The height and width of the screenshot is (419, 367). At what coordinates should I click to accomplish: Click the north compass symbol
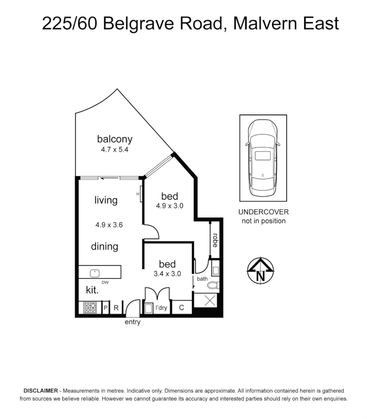pyautogui.click(x=260, y=270)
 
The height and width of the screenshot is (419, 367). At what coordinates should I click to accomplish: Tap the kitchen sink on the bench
pyautogui.click(x=95, y=273)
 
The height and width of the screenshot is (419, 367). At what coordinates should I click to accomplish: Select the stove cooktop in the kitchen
pyautogui.click(x=90, y=308)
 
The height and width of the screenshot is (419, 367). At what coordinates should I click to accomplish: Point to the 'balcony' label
pyautogui.click(x=114, y=139)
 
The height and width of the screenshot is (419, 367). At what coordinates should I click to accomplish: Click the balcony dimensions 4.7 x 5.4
pyautogui.click(x=114, y=149)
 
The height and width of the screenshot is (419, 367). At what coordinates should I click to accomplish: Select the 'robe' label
pyautogui.click(x=215, y=241)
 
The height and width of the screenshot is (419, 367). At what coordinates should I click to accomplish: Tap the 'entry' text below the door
pyautogui.click(x=132, y=322)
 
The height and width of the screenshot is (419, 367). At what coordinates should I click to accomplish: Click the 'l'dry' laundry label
pyautogui.click(x=161, y=308)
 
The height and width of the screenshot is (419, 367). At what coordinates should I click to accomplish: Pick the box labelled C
pyautogui.click(x=181, y=308)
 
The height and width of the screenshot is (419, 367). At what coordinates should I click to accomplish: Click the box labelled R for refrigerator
pyautogui.click(x=116, y=308)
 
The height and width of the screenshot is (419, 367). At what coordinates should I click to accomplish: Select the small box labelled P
pyautogui.click(x=106, y=308)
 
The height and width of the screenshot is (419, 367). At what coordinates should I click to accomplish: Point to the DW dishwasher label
pyautogui.click(x=105, y=283)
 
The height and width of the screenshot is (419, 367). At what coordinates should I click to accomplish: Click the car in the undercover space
pyautogui.click(x=263, y=158)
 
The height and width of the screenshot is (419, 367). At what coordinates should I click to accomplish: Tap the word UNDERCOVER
pyautogui.click(x=263, y=212)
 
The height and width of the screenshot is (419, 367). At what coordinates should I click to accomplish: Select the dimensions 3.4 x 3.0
pyautogui.click(x=168, y=274)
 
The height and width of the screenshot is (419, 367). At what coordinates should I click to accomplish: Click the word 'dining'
pyautogui.click(x=105, y=246)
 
